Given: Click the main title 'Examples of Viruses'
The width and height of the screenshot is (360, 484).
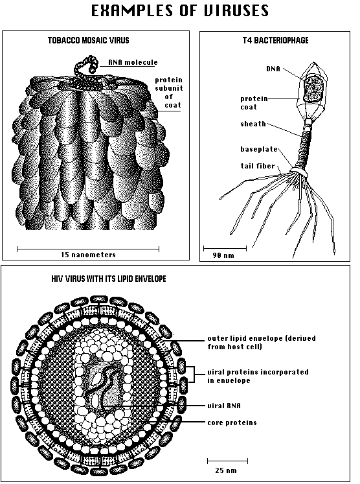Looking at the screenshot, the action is pos(180,10).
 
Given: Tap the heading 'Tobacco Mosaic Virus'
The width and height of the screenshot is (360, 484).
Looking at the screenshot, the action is pos(89,40).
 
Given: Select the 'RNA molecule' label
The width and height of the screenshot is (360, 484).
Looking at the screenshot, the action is pos(133,62).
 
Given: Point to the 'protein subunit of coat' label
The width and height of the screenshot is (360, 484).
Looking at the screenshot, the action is pos(169,93).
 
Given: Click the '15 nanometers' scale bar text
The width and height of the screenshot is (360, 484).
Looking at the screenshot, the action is pos(88,255).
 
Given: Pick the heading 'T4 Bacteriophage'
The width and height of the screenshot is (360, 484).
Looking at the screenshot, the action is pos(275,40).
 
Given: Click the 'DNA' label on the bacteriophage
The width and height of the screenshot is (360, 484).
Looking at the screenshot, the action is pos(273,69).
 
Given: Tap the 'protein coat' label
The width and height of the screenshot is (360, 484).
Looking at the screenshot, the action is pos(254,103).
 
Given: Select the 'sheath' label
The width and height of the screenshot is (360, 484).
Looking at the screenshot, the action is pos(253,124).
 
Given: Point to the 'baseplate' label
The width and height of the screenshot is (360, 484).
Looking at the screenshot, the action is pos(259,149).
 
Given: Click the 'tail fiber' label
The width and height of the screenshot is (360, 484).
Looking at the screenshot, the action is pos(258,166).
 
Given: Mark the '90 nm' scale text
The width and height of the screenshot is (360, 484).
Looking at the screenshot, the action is pos(223,255).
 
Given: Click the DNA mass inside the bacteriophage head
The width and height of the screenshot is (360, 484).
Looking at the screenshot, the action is pos(313,89).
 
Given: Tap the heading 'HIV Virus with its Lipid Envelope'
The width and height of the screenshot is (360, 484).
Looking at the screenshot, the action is pos(109,279).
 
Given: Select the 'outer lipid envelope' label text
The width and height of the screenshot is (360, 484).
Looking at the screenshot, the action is pos(262,342).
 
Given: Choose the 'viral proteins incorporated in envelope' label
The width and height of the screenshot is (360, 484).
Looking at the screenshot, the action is pos(258,376).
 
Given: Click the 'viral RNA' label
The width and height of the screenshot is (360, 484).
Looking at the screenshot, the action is pos(224,406).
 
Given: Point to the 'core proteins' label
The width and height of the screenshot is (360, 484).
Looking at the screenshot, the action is pos(232,422).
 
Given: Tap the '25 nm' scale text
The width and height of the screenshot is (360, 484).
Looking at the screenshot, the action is pos(226,471).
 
